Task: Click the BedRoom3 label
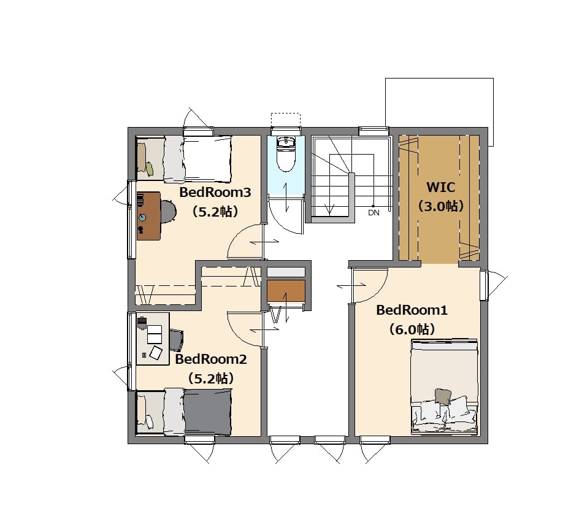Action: pos(215,192)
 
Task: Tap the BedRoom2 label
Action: pos(211,359)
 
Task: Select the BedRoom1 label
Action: pos(412,310)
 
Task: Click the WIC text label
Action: pos(440,187)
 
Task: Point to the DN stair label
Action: pos(374,213)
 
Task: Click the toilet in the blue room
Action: pos(286,155)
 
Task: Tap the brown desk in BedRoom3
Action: pos(148,216)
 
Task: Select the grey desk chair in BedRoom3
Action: pos(168,211)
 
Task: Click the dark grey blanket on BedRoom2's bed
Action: pos(207,412)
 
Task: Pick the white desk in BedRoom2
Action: pos(153,339)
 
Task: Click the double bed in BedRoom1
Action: pos(444,387)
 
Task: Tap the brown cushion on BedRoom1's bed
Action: pos(443,396)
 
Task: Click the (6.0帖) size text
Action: pos(412,329)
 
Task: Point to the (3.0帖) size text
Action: pos(440,207)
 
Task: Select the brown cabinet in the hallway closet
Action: pos(286,291)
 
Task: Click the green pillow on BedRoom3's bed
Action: pos(149,168)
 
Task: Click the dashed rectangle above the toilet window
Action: pos(286,120)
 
